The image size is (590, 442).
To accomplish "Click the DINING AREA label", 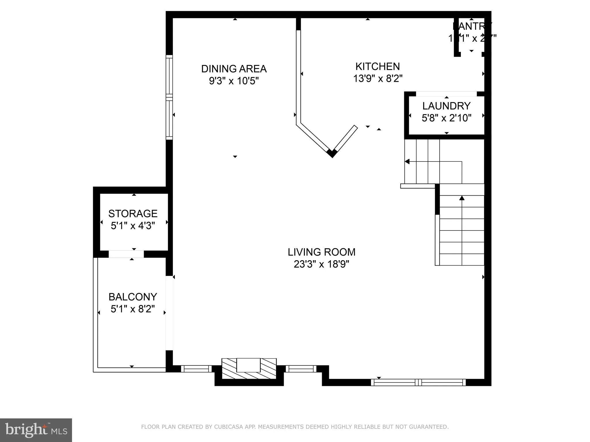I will point(234,69).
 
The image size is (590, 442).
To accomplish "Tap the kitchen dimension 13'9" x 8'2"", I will point(378,78).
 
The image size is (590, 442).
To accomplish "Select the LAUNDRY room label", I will point(446,106).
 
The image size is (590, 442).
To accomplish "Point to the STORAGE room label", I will point(133,214).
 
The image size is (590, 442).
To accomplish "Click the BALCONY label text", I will point(133,297).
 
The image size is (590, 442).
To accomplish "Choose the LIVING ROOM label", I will point(322,252).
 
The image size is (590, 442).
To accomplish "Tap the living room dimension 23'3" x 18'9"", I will point(322,264).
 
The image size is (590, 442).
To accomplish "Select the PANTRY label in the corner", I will point(472,26).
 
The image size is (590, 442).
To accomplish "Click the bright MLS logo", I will point(36,430).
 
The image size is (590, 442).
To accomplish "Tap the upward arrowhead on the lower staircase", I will point(462,198).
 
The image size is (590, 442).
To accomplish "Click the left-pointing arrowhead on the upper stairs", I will point(407,161).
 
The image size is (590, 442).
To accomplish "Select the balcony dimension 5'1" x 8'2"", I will point(133,309).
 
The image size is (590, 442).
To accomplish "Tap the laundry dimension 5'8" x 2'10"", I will point(446,118).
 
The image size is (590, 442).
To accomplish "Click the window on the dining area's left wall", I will point(169,97).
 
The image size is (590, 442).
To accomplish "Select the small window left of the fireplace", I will point(196,369).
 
